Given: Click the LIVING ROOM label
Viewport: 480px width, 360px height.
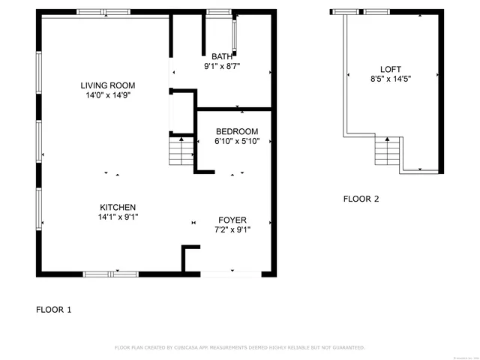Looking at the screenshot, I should pos(108,85).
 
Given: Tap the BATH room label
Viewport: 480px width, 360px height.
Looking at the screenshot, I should pos(222,56).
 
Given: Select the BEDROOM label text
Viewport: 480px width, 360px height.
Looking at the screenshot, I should pos(236,131).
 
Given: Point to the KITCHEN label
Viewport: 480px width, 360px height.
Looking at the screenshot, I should pos(118,207).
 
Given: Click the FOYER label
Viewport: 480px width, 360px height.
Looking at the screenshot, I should pos(232,220).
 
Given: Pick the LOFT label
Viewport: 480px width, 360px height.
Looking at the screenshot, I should pos(391,69).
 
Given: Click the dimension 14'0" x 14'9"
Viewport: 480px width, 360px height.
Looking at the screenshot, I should pos(108,95).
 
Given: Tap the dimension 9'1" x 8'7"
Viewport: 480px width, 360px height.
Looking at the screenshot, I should pos(222,66).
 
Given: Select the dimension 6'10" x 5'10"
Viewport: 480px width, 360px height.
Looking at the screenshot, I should pos(236,141).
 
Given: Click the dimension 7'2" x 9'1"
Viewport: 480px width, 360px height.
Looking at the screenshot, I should pos(232,229).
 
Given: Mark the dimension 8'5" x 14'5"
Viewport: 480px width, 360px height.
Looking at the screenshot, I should pos(391,79).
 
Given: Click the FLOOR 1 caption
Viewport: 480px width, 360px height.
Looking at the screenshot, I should pos(54,309).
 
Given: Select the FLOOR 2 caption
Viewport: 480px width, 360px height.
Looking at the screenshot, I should pos(361,199).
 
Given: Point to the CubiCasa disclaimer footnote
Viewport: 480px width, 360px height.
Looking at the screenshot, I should pos(239,347).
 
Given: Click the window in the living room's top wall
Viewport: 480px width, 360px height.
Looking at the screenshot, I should pos(103,12).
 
